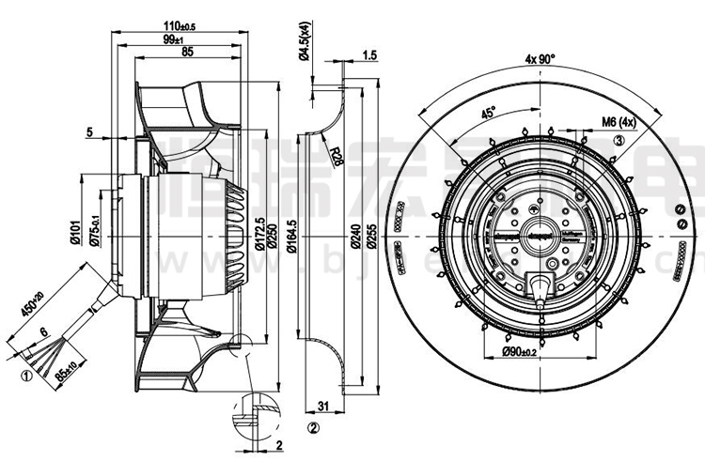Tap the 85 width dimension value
(187, 53)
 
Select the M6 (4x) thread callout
(619, 121)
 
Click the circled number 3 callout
(619, 140)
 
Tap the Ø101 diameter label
(73, 229)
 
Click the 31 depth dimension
(322, 406)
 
